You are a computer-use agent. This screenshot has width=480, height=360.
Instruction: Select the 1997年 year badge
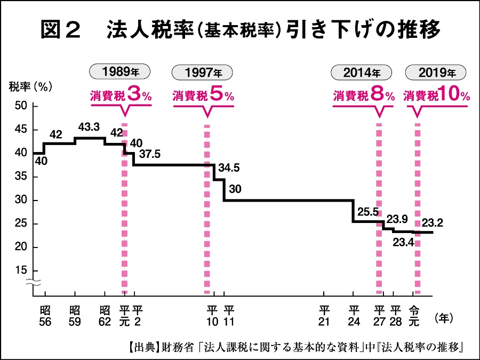pyautogui.click(x=203, y=72)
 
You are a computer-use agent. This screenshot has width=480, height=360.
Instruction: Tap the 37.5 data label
pyautogui.click(x=150, y=154)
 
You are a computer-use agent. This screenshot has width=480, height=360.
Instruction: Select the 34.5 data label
pyautogui.click(x=229, y=167)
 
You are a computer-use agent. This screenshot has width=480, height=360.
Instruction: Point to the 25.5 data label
pyautogui.click(x=368, y=212)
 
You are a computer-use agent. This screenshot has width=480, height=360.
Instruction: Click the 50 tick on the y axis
pyautogui.click(x=21, y=106)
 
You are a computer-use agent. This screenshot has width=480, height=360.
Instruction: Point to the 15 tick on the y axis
pyautogui.click(x=21, y=270)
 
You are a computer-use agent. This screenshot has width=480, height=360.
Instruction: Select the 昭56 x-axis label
pyautogui.click(x=45, y=316)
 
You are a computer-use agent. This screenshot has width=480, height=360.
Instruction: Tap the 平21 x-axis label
pyautogui.click(x=324, y=316)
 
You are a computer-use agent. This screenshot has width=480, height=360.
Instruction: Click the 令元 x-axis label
pyautogui.click(x=413, y=316)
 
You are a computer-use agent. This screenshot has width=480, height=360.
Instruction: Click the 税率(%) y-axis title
pyautogui.click(x=29, y=86)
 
